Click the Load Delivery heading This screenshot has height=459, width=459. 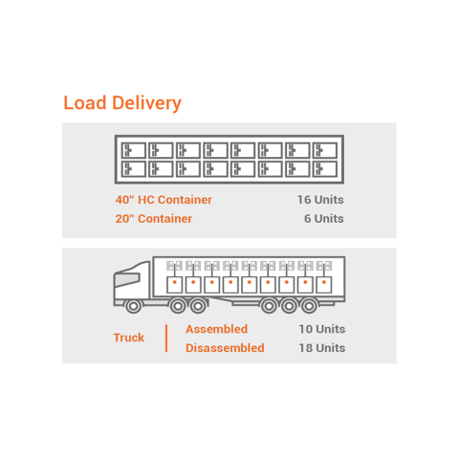[122, 103]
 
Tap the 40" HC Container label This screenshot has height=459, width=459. [164, 200]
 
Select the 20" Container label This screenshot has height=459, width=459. [154, 219]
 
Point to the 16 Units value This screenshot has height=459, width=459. [320, 200]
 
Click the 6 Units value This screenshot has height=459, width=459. [324, 219]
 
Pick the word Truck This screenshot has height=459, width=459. [129, 338]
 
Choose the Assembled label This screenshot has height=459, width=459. [217, 329]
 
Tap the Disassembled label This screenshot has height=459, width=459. [225, 348]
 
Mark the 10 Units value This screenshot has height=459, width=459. [322, 329]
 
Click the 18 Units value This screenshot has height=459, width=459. [322, 348]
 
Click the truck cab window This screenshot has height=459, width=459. [127, 279]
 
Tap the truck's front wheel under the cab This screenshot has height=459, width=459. [134, 306]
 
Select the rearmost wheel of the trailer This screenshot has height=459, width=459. [309, 306]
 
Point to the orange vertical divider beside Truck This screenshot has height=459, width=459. [166, 339]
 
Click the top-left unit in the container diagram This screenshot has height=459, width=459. [134, 150]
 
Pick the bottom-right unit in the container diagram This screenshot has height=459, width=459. [325, 169]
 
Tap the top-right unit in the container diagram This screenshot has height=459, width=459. [325, 150]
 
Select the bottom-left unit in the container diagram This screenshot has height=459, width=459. [134, 169]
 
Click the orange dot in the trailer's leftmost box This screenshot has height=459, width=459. [174, 282]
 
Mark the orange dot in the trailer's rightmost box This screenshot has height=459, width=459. [324, 282]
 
